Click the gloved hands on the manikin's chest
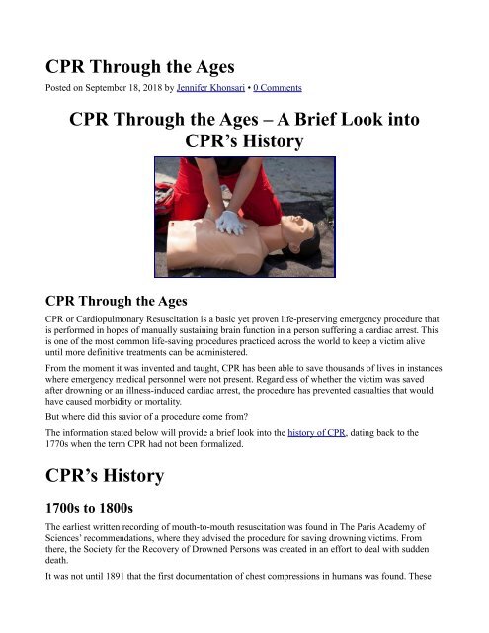[x=228, y=222]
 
